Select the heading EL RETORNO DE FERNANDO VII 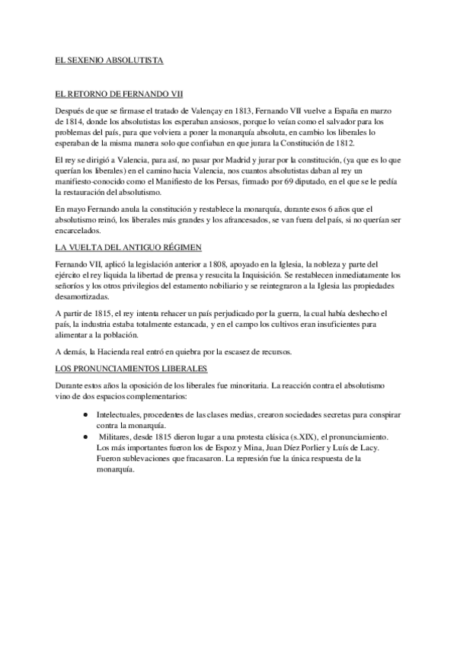tap(120, 94)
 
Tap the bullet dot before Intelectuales tap(84, 414)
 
